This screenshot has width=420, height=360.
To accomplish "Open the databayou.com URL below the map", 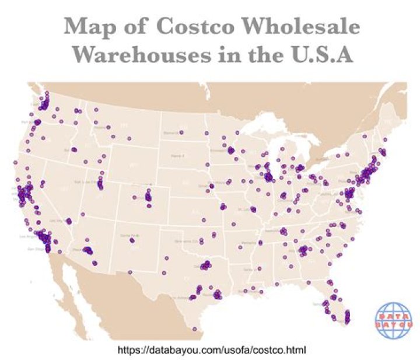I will (212, 350).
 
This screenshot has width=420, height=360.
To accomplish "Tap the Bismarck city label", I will (171, 133).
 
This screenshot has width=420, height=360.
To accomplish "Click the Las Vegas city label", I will (57, 221).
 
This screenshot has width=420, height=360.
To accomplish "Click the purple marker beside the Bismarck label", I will (181, 132).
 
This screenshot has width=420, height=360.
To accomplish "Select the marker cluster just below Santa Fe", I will (132, 240).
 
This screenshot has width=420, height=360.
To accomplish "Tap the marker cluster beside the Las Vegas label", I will (68, 221).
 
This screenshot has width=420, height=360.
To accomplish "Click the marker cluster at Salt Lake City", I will (100, 184).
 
